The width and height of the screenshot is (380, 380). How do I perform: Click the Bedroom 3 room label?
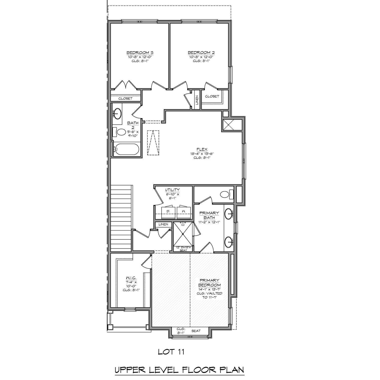point(140,53)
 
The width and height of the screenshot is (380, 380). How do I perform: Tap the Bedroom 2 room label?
point(201,53)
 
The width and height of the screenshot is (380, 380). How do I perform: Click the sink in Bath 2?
point(117,113)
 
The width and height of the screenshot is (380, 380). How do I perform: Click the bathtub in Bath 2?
point(126,150)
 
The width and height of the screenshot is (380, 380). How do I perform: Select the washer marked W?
point(184,211)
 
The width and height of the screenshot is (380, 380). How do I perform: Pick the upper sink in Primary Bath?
point(229,214)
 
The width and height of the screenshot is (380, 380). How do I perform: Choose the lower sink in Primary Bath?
point(229,242)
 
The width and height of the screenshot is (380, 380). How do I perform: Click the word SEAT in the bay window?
point(196,331)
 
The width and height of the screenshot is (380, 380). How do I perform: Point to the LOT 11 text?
point(171,352)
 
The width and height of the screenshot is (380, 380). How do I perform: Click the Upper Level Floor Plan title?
point(179,370)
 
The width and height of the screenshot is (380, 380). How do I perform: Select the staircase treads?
point(121,219)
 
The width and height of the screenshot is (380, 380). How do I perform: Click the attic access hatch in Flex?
point(153,143)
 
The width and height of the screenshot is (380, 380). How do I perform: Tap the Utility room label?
point(173,190)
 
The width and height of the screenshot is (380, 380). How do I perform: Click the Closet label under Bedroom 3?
point(126,98)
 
